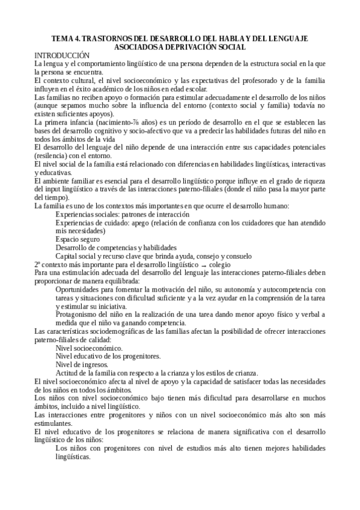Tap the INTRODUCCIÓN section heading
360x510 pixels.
click(61, 55)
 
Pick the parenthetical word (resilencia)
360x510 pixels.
click(53, 155)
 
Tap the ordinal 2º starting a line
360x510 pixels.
click(38, 264)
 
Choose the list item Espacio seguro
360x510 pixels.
click(78, 239)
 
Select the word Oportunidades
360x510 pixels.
click(80, 289)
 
